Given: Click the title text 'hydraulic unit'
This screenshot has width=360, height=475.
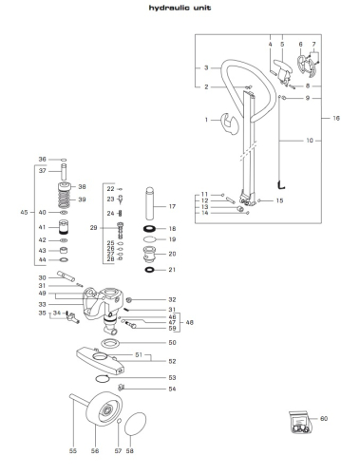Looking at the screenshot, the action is click(180, 8).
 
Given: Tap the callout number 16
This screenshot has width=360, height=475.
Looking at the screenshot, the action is click(336, 118).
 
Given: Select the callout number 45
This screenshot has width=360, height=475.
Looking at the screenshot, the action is click(24, 212).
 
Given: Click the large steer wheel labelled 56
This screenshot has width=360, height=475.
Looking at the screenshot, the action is click(104, 409).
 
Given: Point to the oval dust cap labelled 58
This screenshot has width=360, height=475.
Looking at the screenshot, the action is click(135, 424).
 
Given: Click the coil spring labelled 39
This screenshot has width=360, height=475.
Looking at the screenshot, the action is click(65, 199).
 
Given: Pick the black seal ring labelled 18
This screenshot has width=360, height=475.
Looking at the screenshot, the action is click(148, 228).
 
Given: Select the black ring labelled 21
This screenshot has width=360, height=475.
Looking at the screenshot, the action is click(149, 270).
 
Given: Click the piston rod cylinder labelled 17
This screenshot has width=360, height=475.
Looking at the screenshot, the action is click(150, 203).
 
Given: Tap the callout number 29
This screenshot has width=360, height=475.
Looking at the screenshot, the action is click(93, 228).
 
